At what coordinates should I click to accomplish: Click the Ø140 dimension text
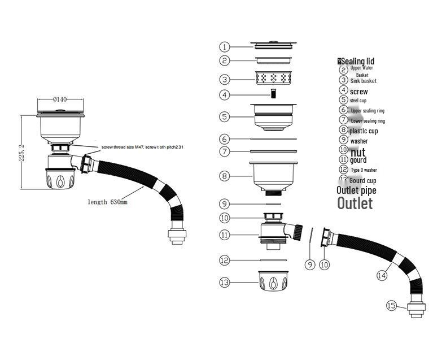point(60,99)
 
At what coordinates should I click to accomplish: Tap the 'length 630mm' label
point(107,202)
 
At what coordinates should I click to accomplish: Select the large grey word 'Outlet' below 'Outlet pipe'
point(355,203)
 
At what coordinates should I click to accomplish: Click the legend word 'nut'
point(358,152)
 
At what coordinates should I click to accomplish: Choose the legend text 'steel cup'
point(358,101)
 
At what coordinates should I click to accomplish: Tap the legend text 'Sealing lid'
point(357,61)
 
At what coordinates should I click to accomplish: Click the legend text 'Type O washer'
point(364,170)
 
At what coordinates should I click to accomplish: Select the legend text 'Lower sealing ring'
point(368,121)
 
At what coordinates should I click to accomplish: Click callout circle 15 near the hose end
point(392,305)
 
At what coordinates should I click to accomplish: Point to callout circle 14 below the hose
point(382,275)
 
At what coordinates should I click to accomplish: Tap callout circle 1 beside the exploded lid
point(225,47)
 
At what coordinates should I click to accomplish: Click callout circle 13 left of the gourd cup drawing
point(225,281)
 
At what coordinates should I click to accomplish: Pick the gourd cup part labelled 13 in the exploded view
point(274,281)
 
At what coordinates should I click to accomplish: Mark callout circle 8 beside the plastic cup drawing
point(225,176)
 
